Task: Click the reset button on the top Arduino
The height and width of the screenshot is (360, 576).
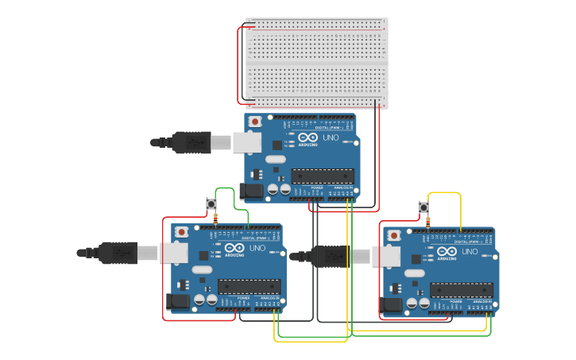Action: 255,122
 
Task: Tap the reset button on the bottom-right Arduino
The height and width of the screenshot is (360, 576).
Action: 393,235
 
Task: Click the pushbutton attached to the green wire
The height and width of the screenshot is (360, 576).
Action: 211,204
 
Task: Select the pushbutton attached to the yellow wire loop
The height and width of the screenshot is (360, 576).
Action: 423,207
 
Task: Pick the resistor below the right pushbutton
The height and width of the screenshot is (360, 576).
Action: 427,222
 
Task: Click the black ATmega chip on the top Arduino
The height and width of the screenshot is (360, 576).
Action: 322,176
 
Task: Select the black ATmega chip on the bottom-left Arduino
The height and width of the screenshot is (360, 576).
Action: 249,286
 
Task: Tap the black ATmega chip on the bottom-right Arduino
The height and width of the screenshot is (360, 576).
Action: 461,290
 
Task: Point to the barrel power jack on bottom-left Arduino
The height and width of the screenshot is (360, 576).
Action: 178,300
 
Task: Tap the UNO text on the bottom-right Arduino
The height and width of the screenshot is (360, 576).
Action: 468,251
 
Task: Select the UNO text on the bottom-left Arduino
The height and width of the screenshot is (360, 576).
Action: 257,248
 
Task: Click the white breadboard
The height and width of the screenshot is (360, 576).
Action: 316,63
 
